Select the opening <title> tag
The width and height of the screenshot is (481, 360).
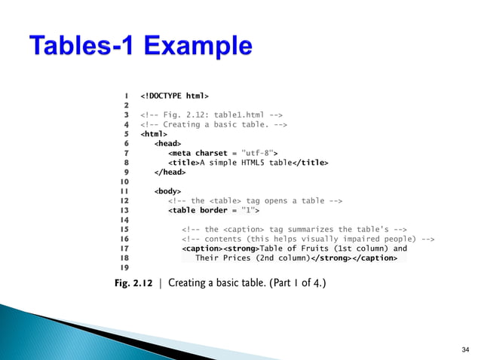click(x=182, y=161)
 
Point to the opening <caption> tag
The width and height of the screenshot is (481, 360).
click(x=198, y=248)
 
